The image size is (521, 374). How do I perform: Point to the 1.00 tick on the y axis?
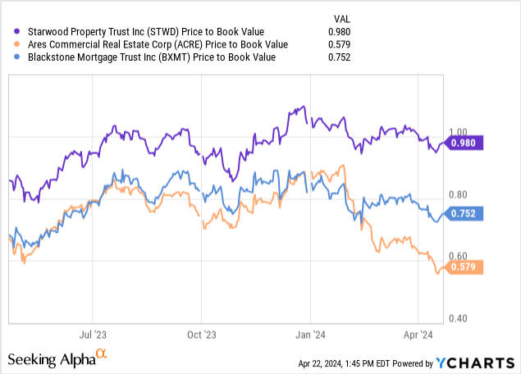tap(459, 132)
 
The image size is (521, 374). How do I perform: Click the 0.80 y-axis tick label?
tap(459, 194)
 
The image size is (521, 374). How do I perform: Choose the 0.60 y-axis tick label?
tap(459, 257)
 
